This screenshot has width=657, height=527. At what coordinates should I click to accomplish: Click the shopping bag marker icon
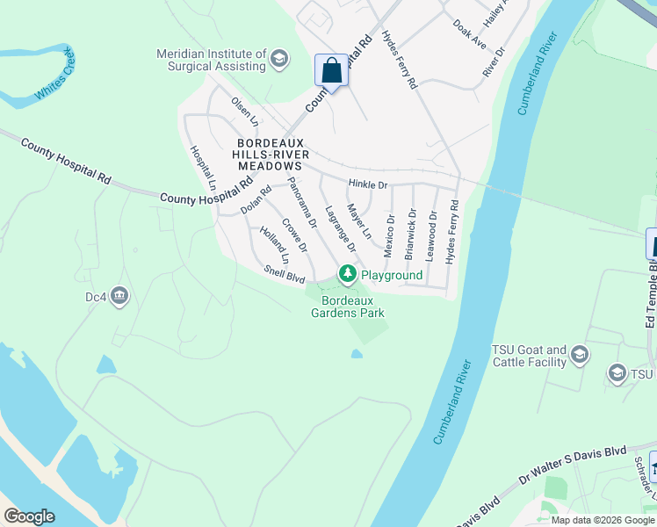click(331, 70)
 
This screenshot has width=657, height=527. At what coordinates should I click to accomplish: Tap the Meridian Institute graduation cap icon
click(279, 60)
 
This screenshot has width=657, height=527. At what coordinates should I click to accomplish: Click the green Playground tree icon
click(348, 275)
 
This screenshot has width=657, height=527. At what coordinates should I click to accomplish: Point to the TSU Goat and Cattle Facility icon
click(579, 354)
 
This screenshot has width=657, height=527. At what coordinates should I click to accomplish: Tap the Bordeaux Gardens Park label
click(348, 306)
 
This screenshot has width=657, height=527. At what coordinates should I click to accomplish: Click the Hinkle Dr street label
click(367, 185)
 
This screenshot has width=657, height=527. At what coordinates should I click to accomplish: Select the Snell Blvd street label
click(284, 275)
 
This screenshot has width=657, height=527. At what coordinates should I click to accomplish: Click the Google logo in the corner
click(29, 516)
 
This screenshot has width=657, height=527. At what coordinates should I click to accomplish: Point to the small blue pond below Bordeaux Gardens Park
click(357, 354)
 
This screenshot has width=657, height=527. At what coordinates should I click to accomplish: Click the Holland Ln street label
click(273, 245)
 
